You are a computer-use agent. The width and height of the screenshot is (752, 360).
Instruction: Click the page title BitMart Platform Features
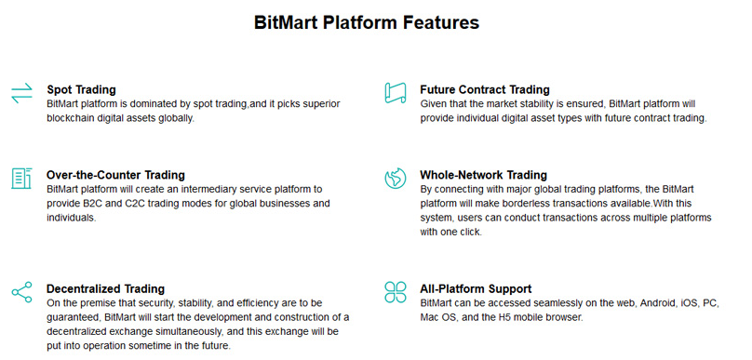[x=367, y=22]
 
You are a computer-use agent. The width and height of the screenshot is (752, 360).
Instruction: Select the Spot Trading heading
[x=82, y=89]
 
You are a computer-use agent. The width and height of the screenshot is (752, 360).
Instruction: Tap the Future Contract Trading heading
[x=485, y=89]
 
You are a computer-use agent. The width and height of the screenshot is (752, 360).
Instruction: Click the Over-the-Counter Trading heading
[x=115, y=175]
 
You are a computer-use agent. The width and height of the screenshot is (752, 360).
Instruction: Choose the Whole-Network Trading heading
[x=483, y=175]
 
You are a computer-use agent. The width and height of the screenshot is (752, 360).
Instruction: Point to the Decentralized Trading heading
[x=105, y=288]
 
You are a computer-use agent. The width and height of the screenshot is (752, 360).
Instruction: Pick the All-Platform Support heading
[x=476, y=288]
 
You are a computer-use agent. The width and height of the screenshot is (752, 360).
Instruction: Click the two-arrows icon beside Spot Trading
[x=21, y=93]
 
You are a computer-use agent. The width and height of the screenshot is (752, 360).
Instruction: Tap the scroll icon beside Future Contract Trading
[x=396, y=92]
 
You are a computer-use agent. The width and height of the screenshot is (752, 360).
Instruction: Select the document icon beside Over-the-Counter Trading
[x=21, y=179]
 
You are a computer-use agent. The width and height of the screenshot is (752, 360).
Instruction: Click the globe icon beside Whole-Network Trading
[x=396, y=179]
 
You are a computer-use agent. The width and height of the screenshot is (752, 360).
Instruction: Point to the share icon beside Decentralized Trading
[x=21, y=292]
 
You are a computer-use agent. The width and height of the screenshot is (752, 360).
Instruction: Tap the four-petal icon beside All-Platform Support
[x=396, y=292]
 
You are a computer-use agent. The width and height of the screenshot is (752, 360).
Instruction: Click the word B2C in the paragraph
[x=93, y=203]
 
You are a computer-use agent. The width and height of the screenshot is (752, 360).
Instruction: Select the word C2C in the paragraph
[x=136, y=203]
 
